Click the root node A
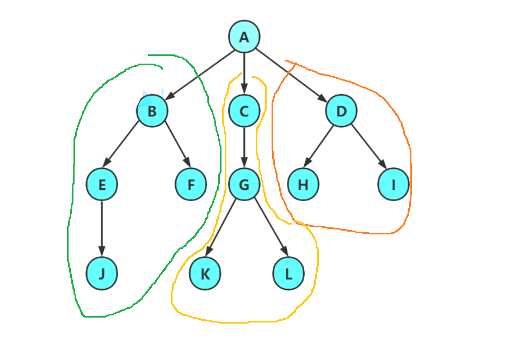click(244, 37)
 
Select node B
click(152, 111)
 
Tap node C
click(244, 111)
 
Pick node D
click(341, 111)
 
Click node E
click(102, 184)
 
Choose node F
click(190, 184)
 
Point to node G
click(244, 184)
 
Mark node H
click(303, 184)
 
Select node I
click(393, 184)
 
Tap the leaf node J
click(102, 274)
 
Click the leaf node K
click(205, 274)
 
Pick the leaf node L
click(288, 274)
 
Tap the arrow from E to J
click(102, 228)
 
